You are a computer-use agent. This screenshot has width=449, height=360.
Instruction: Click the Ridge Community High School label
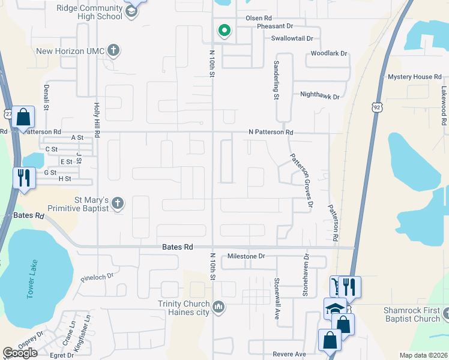(89, 12)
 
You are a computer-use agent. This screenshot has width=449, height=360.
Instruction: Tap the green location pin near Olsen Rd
(224, 30)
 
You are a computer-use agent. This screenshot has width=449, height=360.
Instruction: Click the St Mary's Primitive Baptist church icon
(117, 203)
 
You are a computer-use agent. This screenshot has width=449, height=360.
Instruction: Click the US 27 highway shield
(6, 113)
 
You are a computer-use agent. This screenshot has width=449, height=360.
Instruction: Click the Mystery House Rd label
(414, 77)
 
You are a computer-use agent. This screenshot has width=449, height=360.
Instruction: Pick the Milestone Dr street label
(246, 256)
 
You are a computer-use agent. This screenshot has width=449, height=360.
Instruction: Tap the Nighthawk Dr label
(320, 95)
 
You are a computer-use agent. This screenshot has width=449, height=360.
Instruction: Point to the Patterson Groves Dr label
(301, 180)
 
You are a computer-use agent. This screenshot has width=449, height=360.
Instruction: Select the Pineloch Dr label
(97, 280)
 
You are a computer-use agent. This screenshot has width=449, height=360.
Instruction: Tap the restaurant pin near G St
(22, 178)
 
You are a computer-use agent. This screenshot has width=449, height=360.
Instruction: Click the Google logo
(20, 353)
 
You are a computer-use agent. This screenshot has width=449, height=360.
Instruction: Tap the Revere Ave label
(289, 354)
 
